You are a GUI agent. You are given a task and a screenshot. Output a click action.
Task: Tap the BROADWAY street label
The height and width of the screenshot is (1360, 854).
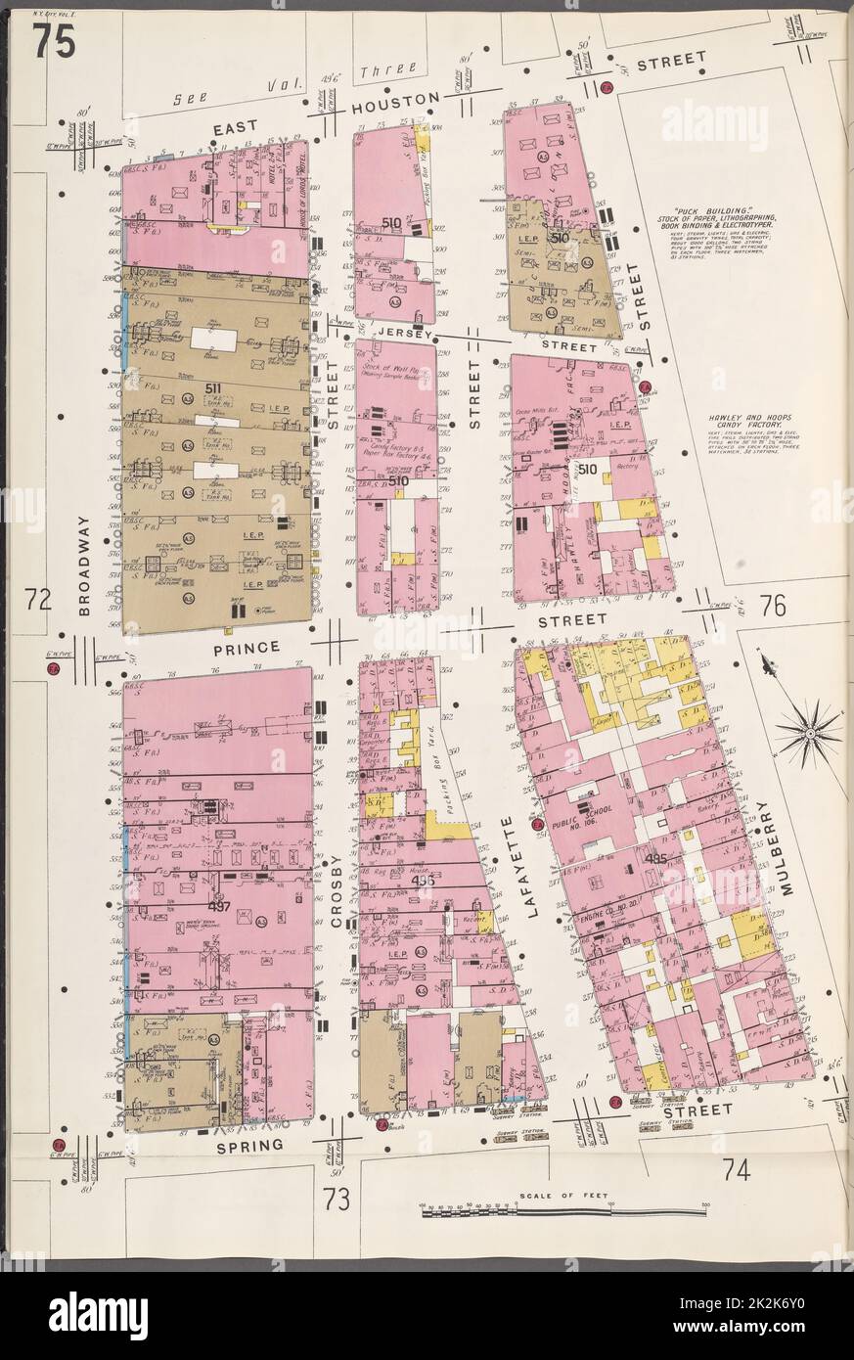click(84, 566)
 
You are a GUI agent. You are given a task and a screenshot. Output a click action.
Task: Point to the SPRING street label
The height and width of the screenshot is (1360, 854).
click(250, 1144)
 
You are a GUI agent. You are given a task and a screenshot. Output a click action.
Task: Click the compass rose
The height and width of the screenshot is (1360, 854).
click(808, 729)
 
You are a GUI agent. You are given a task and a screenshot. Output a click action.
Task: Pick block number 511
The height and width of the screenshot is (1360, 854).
click(213, 388)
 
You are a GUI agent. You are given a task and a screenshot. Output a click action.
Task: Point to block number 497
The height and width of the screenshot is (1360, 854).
click(219, 906)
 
